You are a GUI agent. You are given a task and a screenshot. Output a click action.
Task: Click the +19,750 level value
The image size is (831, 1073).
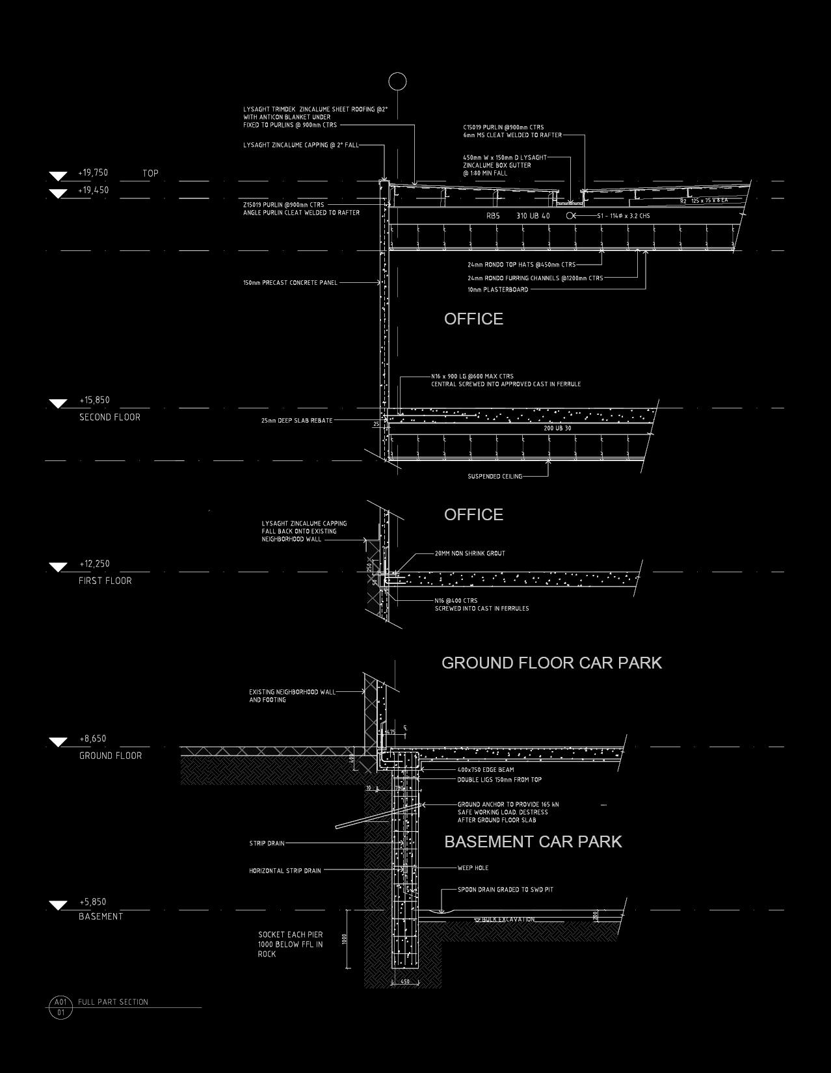[93, 173]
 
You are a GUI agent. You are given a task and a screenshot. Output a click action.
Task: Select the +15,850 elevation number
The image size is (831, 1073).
[94, 401]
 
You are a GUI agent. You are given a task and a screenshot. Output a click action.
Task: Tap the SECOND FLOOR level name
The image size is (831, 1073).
[109, 417]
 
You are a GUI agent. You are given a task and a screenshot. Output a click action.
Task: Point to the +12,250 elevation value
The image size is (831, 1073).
[94, 564]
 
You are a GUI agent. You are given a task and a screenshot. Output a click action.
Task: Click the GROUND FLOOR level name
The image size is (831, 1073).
[110, 756]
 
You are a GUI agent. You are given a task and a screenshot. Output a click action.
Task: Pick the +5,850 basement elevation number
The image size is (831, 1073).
[93, 902]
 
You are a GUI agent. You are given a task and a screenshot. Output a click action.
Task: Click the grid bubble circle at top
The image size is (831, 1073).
[397, 82]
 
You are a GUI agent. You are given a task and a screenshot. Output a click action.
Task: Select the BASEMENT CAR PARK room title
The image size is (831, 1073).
[533, 841]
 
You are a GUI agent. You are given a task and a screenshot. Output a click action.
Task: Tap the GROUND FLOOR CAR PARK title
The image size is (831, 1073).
[551, 663]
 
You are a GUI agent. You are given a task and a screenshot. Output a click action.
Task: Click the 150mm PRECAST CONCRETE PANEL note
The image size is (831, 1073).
[290, 283]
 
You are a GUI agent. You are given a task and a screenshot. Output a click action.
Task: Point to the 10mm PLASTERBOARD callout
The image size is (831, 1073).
[497, 289]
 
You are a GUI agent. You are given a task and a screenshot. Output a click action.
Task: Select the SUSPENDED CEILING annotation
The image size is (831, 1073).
[495, 477]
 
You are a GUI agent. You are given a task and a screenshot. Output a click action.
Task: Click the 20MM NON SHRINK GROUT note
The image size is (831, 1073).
[469, 553]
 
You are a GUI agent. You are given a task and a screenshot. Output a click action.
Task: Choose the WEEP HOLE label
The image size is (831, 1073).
[473, 868]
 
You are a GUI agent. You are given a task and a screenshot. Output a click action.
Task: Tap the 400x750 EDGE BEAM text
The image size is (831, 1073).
[485, 770]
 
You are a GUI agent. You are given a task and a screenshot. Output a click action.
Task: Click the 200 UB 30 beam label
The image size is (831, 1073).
[557, 429]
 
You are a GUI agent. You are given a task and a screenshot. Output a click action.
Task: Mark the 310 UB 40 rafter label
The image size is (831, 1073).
[533, 216]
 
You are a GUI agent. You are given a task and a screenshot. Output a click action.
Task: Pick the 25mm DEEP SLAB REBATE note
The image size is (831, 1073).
[297, 421]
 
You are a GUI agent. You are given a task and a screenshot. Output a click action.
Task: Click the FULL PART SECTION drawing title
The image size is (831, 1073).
[113, 1002]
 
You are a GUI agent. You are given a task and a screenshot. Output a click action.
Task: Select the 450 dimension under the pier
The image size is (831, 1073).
[404, 982]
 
